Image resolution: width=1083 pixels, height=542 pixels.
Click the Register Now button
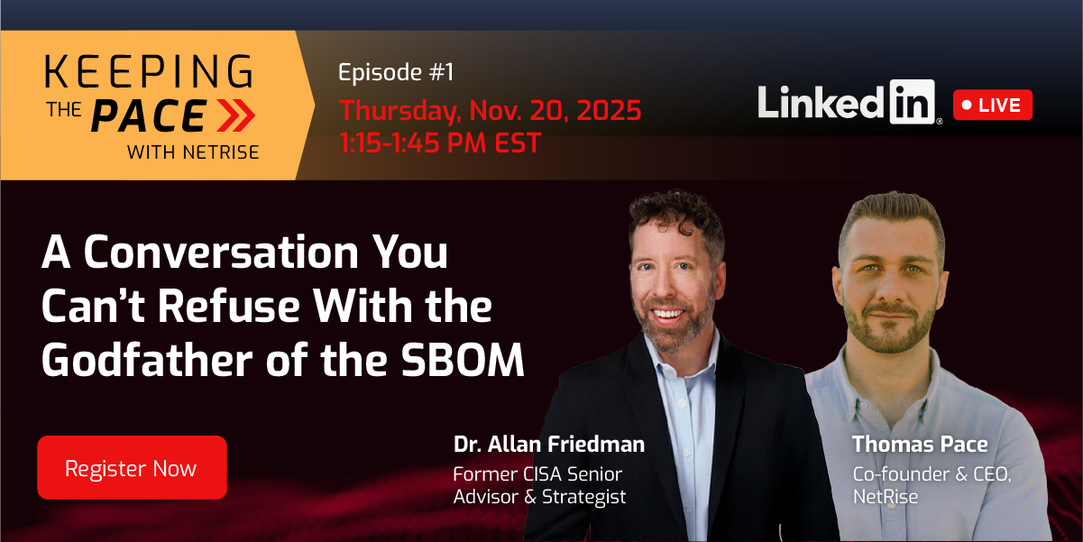(x=132, y=468)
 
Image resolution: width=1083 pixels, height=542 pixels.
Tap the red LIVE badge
(x=992, y=105)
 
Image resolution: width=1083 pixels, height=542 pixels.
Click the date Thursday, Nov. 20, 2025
(x=490, y=111)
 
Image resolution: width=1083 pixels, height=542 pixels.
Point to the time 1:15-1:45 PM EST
(x=439, y=142)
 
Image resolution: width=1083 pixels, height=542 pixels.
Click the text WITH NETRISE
(x=193, y=152)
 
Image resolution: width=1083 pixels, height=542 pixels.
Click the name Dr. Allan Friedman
(x=548, y=445)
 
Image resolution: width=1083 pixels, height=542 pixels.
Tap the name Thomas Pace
(x=920, y=444)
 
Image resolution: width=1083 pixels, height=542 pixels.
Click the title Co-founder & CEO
(x=932, y=473)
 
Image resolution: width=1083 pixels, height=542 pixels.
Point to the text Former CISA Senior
(x=537, y=473)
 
